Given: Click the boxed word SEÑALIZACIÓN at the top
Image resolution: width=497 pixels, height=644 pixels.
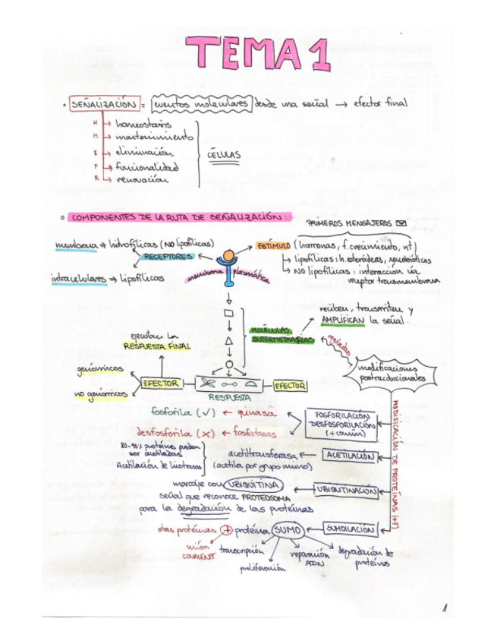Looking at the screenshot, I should [x=103, y=103].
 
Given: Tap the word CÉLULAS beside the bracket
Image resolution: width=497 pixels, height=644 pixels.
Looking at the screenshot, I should [x=225, y=155].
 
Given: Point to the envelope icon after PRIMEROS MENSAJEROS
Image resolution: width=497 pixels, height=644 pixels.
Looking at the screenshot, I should [x=401, y=223].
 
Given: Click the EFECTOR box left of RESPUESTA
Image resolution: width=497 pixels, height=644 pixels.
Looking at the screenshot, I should [x=160, y=384].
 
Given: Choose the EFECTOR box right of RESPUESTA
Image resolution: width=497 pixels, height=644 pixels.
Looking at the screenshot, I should [x=289, y=386].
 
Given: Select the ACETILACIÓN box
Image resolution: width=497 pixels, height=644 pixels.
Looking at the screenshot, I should [x=351, y=456].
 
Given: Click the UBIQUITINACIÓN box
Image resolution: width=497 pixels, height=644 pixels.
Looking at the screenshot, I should [x=347, y=491].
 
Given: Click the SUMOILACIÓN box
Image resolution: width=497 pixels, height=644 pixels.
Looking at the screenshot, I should [x=350, y=529].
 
